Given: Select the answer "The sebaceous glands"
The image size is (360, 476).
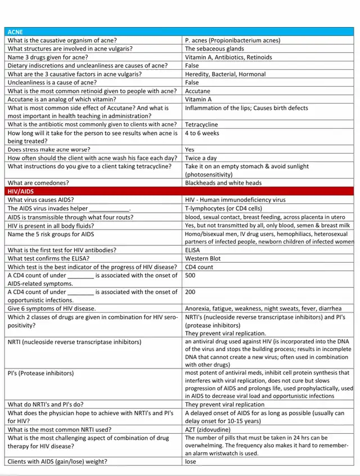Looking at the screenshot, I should point(214,49).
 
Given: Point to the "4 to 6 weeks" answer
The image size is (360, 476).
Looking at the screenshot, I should point(202,133).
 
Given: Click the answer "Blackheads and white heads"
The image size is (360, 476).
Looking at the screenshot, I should point(223,183).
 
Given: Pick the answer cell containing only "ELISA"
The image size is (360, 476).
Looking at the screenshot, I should point(193,250).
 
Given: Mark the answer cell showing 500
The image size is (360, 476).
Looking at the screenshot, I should point(191,276).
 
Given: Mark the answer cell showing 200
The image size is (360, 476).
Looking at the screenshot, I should point(191,292).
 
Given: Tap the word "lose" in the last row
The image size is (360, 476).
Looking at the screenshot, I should point(191,462).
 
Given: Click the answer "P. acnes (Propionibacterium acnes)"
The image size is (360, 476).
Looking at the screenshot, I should point(232,41).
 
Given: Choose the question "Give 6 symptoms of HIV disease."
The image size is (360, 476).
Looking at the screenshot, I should point(52,308).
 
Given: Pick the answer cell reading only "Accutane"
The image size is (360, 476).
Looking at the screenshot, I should point(197,91).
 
